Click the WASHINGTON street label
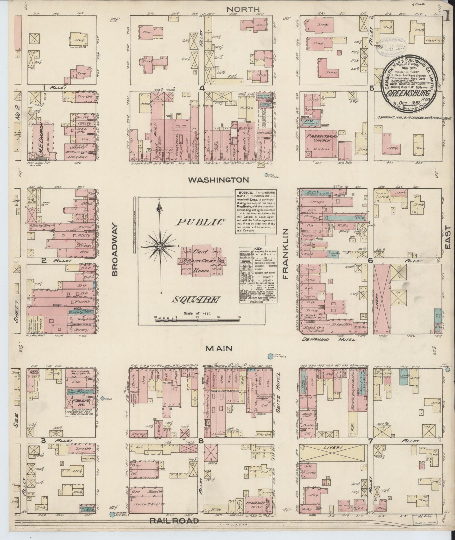pos(219,180)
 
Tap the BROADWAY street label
pos(115,250)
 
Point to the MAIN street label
pos(219,348)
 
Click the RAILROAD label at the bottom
pos(174,521)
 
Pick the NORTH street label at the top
pos(242,9)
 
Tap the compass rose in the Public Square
pos(160,245)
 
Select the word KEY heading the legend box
pos(253,249)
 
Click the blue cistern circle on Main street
pos(270,356)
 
